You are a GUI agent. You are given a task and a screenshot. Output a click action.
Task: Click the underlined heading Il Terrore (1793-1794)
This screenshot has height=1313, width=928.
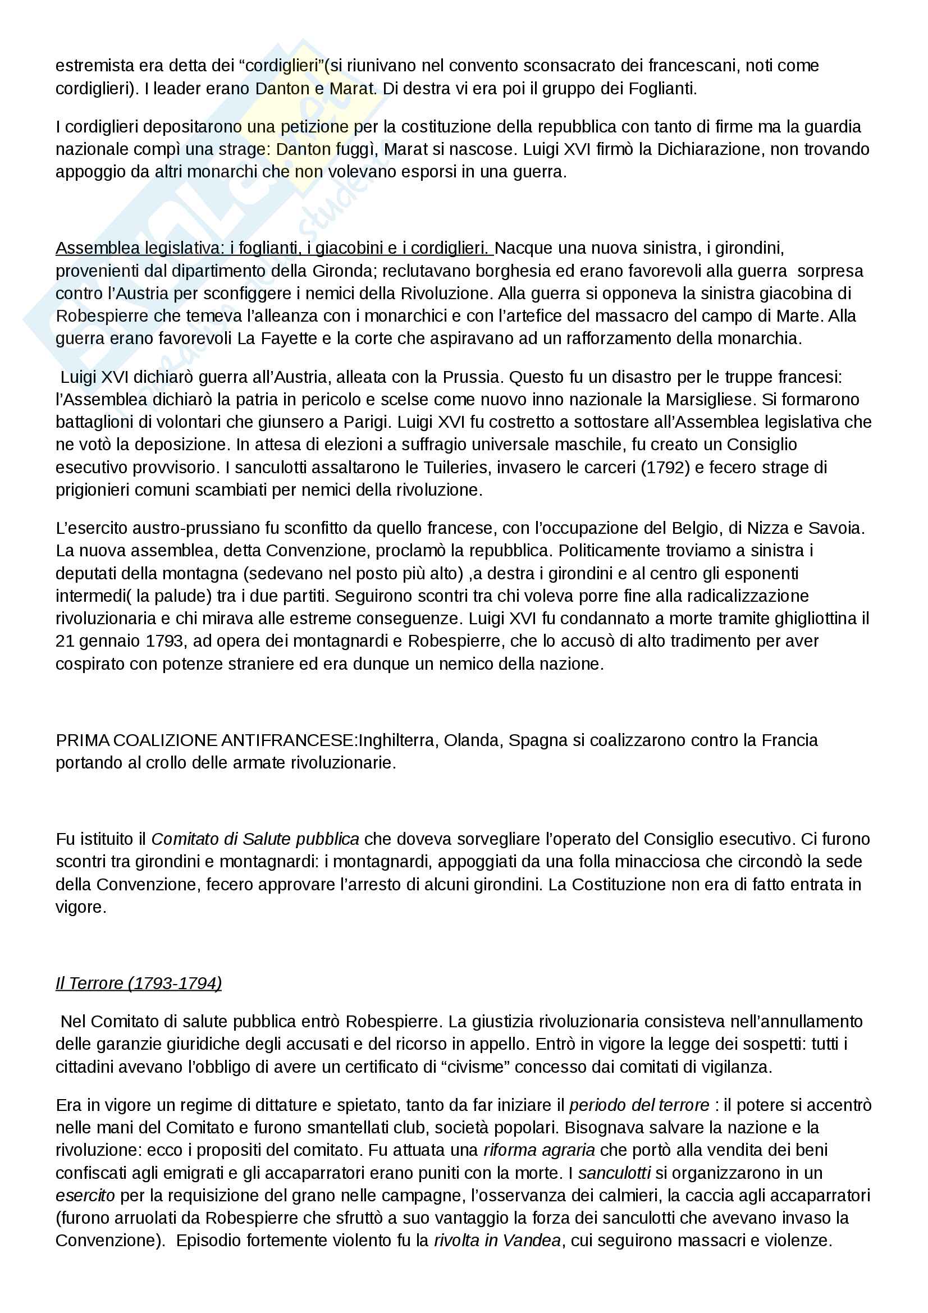138,983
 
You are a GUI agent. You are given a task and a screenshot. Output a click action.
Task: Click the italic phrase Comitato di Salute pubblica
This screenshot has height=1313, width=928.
255,839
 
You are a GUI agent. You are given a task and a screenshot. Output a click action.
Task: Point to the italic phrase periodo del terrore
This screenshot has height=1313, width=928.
639,1105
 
